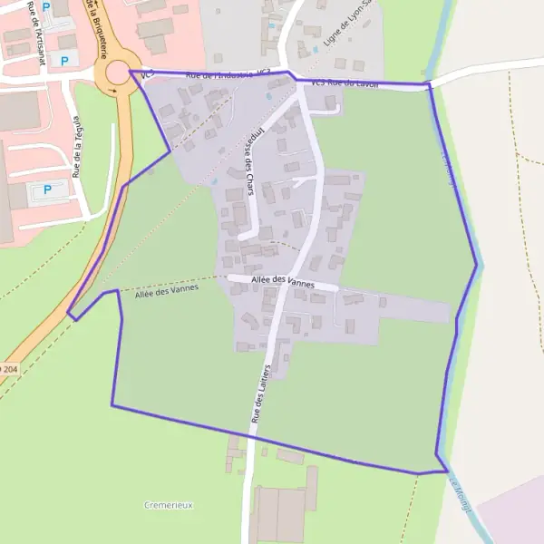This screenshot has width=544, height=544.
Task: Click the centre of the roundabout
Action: pyautogui.click(x=116, y=73)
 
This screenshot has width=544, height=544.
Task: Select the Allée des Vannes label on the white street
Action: pyautogui.click(x=285, y=283)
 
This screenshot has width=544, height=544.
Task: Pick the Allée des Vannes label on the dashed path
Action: pyautogui.click(x=166, y=289)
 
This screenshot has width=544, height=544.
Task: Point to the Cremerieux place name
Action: pyautogui.click(x=169, y=504)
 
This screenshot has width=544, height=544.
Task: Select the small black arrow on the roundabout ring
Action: pyautogui.click(x=112, y=91)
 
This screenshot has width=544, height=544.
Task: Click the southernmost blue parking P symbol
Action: pyautogui.click(x=49, y=189)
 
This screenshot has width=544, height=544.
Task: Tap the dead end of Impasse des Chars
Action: pyautogui.click(x=242, y=238)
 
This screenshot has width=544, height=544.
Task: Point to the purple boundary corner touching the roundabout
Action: pyautogui.click(x=131, y=71)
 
